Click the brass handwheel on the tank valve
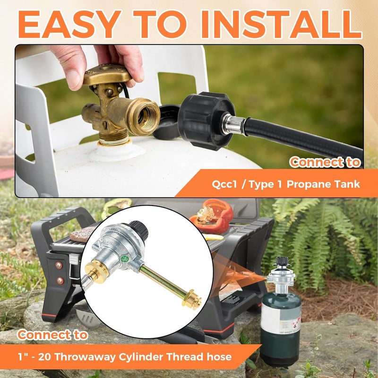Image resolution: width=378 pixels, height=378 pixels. click(x=107, y=75)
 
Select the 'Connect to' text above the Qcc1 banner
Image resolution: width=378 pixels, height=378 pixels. click(x=325, y=163)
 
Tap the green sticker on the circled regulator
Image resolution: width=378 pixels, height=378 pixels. click(x=125, y=259)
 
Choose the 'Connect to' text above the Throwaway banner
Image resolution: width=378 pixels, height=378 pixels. click(x=52, y=335)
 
